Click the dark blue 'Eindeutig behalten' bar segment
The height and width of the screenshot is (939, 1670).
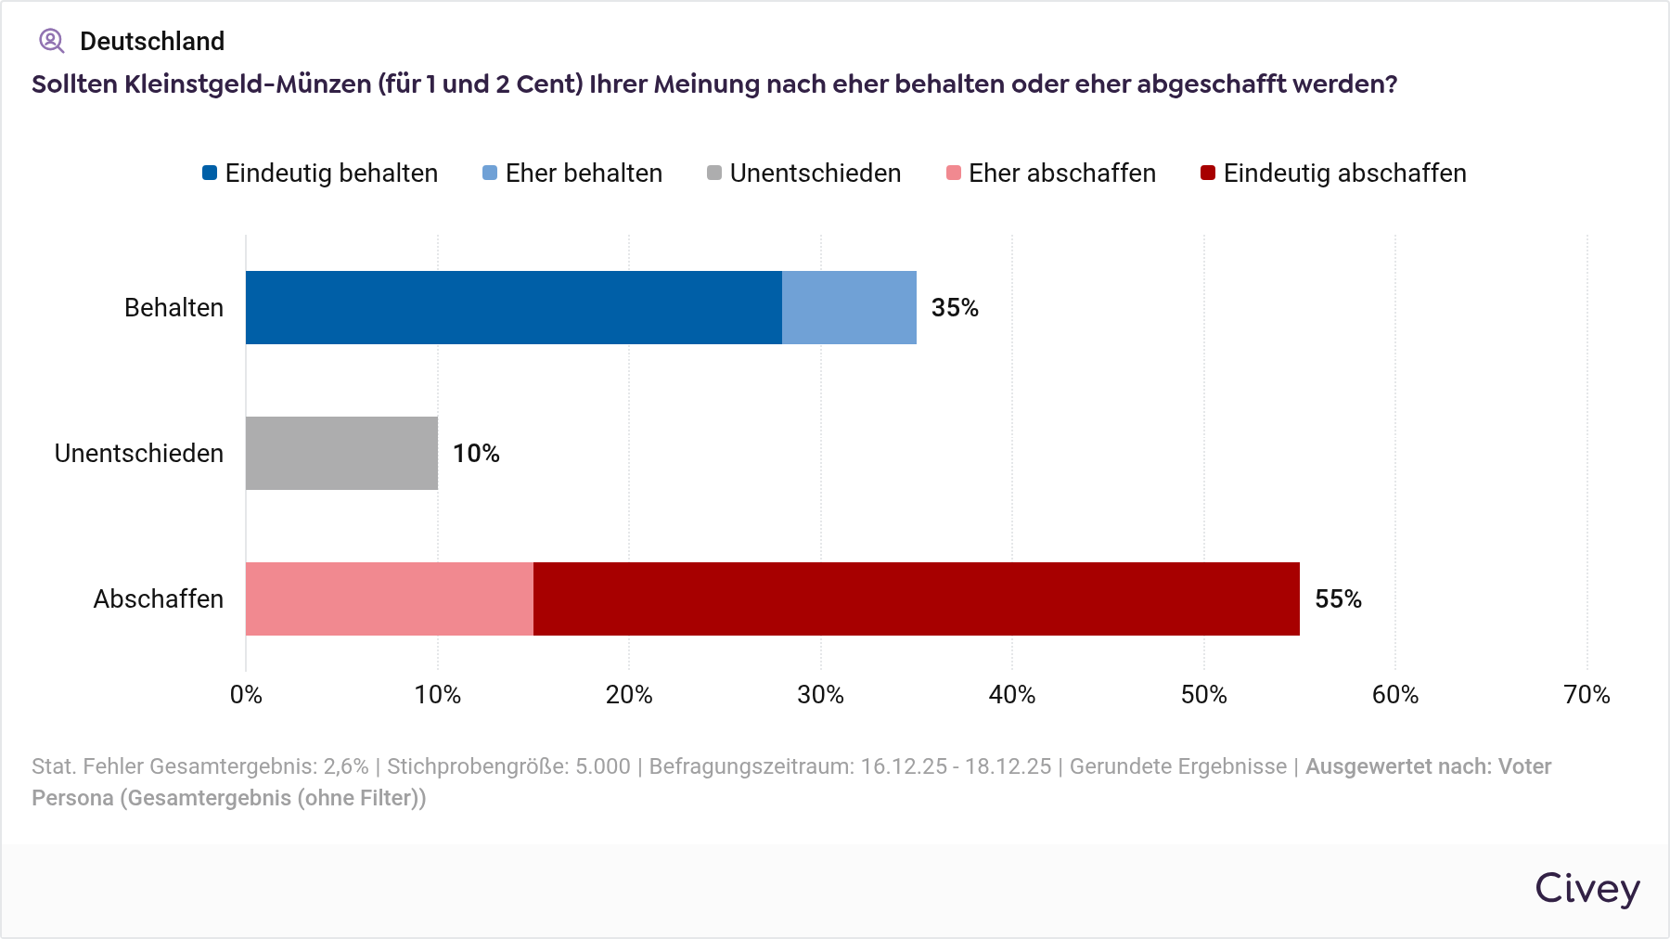tap(513, 307)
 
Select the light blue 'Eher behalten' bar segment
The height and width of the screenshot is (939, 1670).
tap(849, 307)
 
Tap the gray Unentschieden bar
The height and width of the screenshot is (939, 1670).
tap(341, 453)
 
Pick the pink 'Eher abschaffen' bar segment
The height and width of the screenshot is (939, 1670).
tap(390, 598)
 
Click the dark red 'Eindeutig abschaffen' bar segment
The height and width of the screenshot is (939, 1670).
tap(916, 598)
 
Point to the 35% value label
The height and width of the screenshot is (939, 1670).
tap(955, 307)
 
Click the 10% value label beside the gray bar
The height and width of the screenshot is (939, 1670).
tap(476, 453)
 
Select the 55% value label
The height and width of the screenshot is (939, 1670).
tap(1338, 598)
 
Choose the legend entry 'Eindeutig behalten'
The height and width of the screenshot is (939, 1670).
tap(320, 174)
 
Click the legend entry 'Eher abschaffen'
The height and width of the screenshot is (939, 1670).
tap(1051, 174)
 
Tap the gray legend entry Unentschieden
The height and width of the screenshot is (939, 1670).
tap(804, 174)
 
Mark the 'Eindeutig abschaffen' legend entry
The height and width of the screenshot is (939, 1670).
tap(1333, 174)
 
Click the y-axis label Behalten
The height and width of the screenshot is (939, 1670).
tap(173, 307)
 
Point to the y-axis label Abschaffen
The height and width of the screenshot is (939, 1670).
tap(158, 598)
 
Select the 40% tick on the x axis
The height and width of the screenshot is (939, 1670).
tap(1011, 694)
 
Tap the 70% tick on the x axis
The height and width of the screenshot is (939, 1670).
tap(1586, 694)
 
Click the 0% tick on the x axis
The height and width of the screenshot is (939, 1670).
tap(246, 694)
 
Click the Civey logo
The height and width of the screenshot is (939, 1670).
tap(1586, 888)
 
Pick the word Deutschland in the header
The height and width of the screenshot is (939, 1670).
tap(152, 41)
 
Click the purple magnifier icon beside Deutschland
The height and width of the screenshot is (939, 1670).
tap(51, 41)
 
